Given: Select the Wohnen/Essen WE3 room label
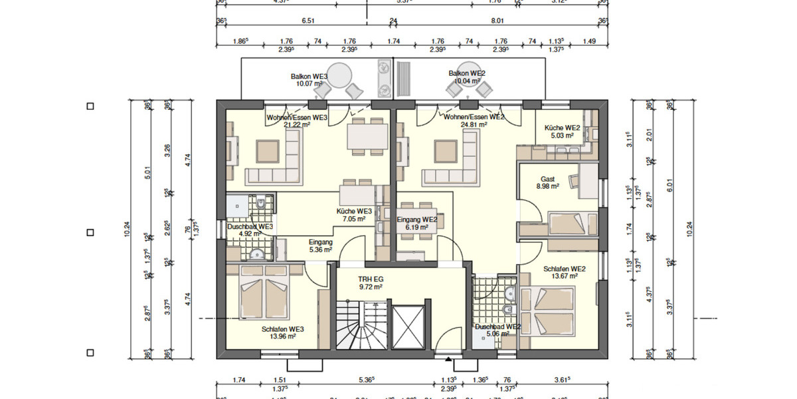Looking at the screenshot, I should click(x=297, y=117).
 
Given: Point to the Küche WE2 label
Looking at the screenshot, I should click(x=563, y=127).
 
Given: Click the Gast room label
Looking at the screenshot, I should click(x=547, y=180).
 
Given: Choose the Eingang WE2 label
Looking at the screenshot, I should click(x=416, y=219).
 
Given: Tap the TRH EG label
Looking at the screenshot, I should click(x=369, y=279).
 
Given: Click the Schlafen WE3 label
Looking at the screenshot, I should click(x=283, y=329).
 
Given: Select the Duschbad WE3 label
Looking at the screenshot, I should click(x=250, y=226).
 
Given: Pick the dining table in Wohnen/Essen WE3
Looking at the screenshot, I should click(x=367, y=137).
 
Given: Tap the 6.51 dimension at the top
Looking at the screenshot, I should click(x=308, y=21).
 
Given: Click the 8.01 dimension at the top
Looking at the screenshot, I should click(x=497, y=21).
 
